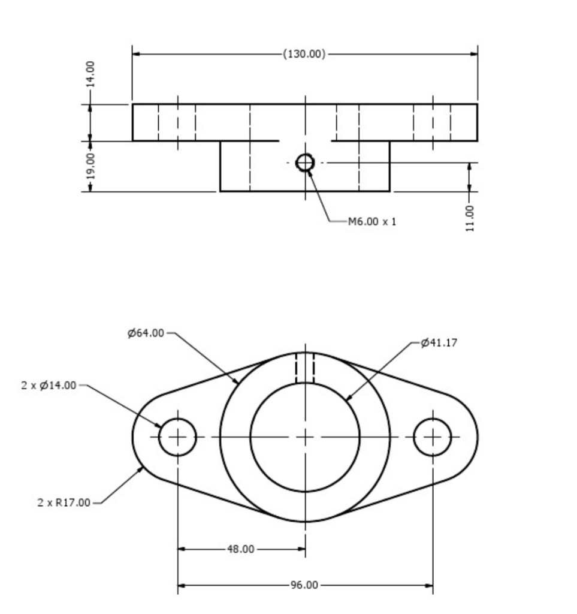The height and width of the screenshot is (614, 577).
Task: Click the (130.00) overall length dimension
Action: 304,54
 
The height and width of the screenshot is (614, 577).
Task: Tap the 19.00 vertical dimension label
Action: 90,166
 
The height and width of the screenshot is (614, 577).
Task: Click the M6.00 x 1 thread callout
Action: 371,221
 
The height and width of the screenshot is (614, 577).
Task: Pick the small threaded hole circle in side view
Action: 305,162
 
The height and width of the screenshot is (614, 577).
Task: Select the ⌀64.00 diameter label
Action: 146,333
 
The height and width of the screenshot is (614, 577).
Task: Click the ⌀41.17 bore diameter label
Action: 439,343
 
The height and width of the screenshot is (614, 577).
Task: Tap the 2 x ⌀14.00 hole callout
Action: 49,385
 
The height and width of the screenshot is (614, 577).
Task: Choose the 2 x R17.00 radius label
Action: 62,502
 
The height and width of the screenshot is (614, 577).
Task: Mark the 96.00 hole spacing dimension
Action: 304,585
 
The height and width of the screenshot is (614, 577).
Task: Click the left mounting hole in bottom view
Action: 177,437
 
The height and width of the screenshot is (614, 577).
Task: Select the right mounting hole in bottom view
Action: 433,437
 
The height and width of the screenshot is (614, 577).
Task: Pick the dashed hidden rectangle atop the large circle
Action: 305,368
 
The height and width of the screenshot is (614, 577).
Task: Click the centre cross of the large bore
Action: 305,437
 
